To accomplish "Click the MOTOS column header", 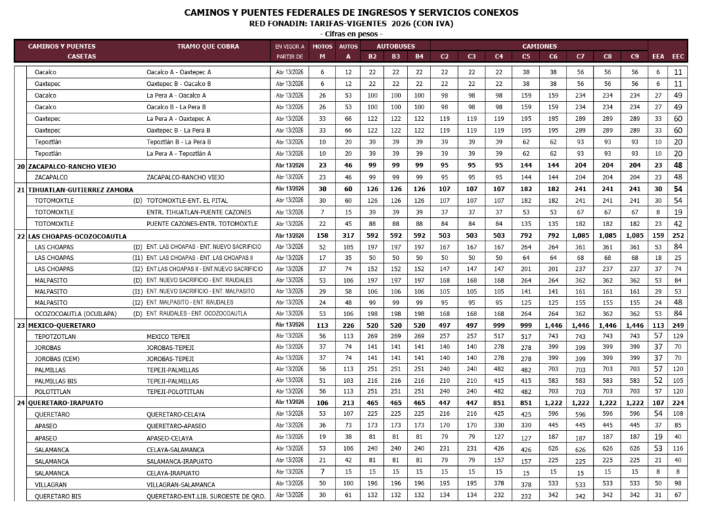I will (x=322, y=46).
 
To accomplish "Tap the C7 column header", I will (x=580, y=56).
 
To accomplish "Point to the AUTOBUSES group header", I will (x=396, y=46).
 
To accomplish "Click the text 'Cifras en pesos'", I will (x=351, y=33).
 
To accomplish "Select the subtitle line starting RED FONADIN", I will (x=351, y=23).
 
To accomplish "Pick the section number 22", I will (x=21, y=236).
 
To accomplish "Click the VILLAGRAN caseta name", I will (x=51, y=484).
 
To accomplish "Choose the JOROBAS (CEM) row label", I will (x=57, y=358).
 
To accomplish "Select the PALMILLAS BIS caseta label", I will (x=56, y=380).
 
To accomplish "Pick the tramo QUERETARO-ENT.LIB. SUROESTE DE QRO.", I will (x=206, y=495).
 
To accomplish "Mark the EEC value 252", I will (x=678, y=236).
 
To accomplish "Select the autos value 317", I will (x=348, y=236).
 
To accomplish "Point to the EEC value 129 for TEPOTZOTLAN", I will (x=678, y=336).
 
